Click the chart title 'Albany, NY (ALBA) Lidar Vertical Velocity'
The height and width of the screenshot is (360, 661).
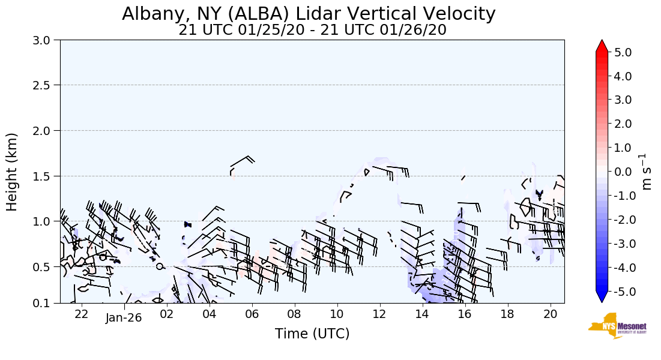pyautogui.click(x=309, y=14)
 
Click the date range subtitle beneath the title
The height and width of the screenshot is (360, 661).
pyautogui.click(x=312, y=30)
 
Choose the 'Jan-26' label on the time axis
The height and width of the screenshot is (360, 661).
pyautogui.click(x=124, y=317)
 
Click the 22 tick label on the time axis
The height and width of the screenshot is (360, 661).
pyautogui.click(x=82, y=314)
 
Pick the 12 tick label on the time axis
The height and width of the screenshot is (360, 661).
pyautogui.click(x=379, y=314)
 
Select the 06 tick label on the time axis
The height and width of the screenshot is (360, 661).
pyautogui.click(x=252, y=314)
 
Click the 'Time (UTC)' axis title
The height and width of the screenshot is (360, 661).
pyautogui.click(x=312, y=334)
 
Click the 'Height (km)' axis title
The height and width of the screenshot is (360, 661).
pyautogui.click(x=12, y=172)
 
